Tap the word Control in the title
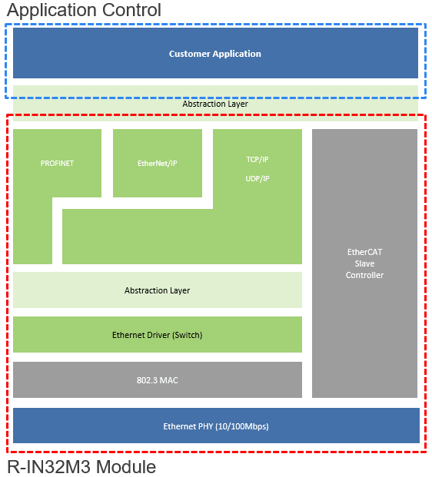(x=131, y=10)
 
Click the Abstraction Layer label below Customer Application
(x=215, y=104)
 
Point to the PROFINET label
(x=57, y=164)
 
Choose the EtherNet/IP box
(x=158, y=163)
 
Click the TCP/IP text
(x=258, y=160)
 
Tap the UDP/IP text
(x=258, y=178)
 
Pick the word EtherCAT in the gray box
(x=364, y=252)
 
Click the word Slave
(x=364, y=263)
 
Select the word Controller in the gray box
(x=364, y=275)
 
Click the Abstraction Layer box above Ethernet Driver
(x=158, y=290)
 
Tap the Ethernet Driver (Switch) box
(x=158, y=335)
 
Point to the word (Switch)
(x=188, y=335)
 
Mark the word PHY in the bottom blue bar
(x=205, y=426)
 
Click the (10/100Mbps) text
(x=242, y=426)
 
